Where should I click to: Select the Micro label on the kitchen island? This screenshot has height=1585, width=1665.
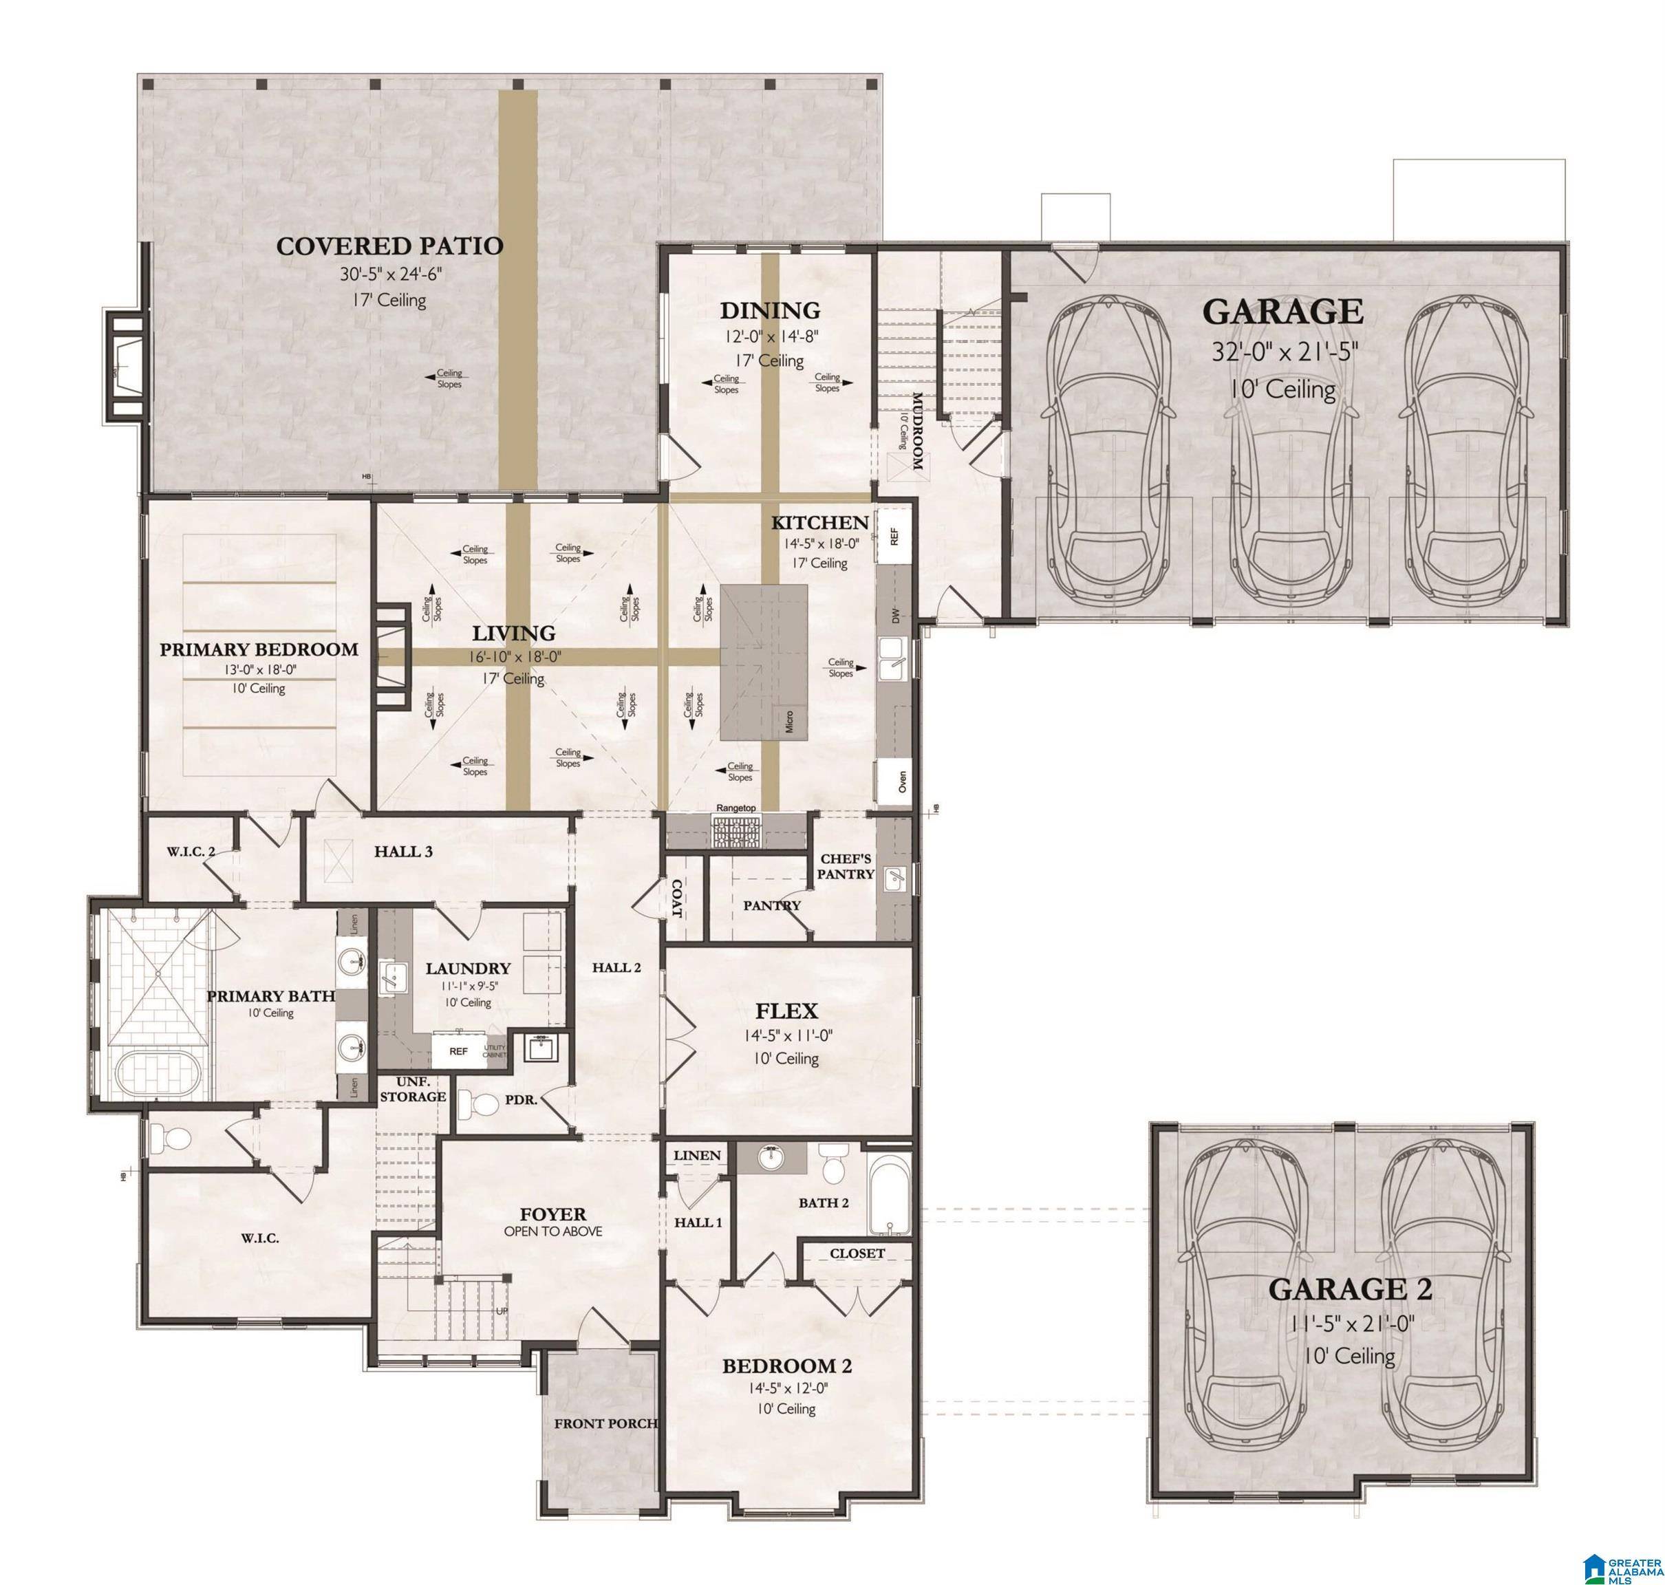pos(788,721)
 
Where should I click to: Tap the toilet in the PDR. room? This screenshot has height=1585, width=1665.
pos(481,1103)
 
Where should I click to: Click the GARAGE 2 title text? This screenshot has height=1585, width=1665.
pos(1350,1289)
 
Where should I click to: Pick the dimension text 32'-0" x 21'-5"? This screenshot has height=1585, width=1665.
pos(1284,352)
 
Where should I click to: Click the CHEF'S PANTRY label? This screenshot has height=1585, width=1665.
pos(845,866)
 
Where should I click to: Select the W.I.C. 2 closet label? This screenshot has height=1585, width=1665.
pos(190,852)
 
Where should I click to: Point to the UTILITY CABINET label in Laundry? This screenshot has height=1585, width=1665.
pos(495,1051)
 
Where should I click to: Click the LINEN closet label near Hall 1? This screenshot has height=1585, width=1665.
pos(697,1155)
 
